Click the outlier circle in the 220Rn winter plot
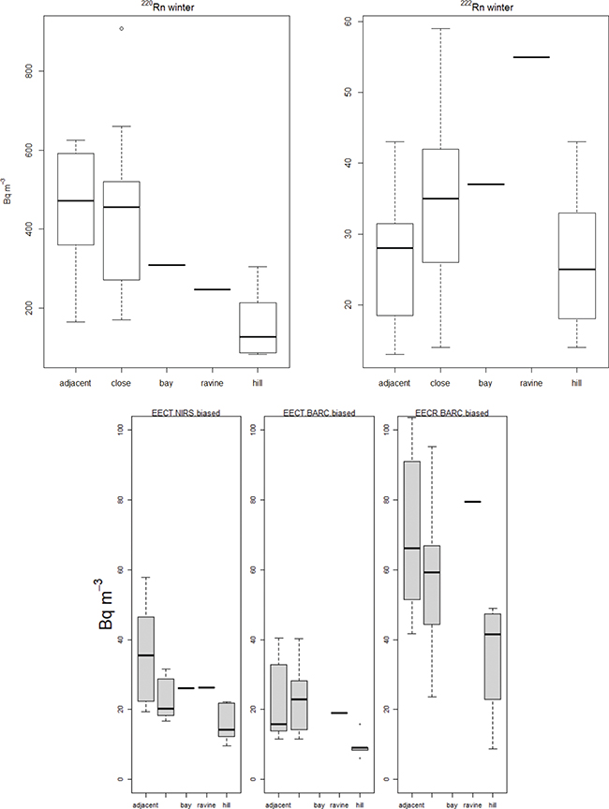[121, 28]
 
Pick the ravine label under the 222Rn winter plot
[532, 383]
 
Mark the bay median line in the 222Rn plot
[484, 184]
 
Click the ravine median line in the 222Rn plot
[532, 57]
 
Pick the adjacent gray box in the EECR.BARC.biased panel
[411, 530]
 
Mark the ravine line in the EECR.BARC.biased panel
[472, 502]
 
